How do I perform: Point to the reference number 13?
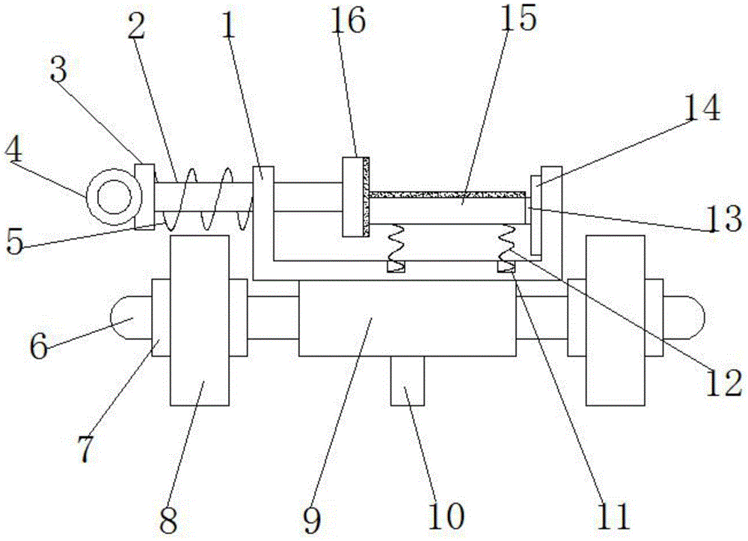[726, 221]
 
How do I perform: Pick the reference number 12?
[724, 385]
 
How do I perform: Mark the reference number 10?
[447, 515]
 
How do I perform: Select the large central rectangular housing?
[406, 318]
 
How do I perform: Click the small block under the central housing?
[407, 380]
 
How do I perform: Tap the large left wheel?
[199, 320]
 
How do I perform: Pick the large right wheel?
[615, 320]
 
